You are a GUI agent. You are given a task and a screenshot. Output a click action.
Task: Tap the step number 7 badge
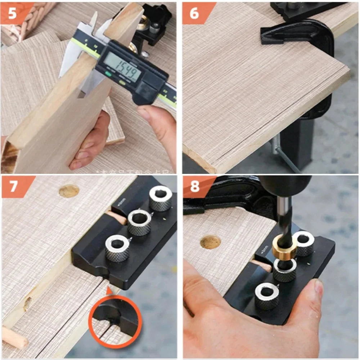(x=14, y=187)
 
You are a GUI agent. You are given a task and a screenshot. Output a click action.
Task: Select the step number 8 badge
(x=195, y=187)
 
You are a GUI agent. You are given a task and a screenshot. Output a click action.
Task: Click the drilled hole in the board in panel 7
(x=69, y=191)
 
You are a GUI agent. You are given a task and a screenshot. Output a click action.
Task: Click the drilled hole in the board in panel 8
(x=210, y=242)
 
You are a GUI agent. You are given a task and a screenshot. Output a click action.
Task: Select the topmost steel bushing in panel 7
(x=161, y=198)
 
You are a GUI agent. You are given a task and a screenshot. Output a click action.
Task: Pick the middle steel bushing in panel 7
(x=139, y=222)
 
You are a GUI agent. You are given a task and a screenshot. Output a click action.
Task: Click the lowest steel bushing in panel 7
(x=117, y=248)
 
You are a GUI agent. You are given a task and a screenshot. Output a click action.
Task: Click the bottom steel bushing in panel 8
(x=267, y=296)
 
